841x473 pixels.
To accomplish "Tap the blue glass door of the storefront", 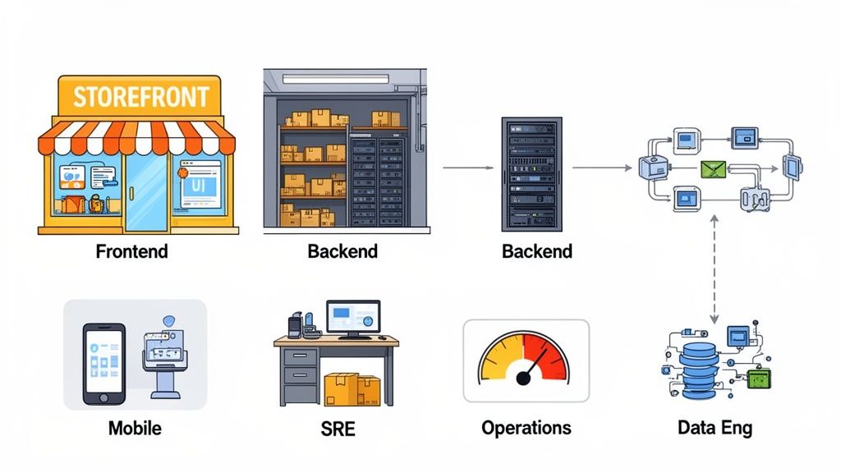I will pos(145,193).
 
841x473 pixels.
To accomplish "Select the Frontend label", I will pos(131,251).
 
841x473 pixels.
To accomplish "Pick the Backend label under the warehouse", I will pos(342,251).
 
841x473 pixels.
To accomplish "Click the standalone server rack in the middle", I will pos(531,173).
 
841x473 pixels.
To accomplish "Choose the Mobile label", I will pos(135,428).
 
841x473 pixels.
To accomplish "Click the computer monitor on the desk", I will pos(352,318).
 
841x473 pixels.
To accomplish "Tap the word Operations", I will pos(526,428).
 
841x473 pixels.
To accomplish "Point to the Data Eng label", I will pos(715,428).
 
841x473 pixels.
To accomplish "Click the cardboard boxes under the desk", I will pos(352,390).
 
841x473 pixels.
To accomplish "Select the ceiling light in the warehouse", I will pos(335,78).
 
